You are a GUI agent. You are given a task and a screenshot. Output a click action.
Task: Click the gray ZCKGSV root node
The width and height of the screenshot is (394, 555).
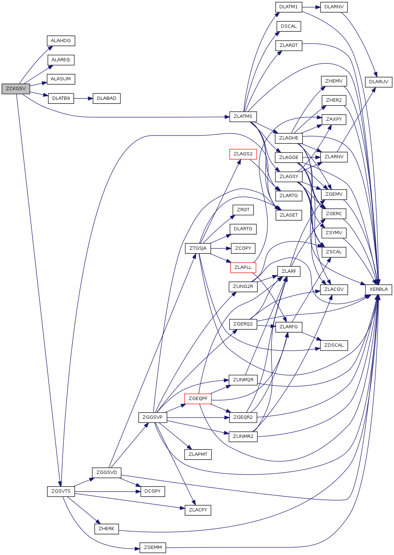click(16, 89)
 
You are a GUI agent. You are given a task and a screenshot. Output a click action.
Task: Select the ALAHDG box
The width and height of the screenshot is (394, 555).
click(61, 41)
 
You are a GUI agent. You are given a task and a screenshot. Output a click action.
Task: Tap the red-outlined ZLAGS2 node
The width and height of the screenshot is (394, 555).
click(243, 154)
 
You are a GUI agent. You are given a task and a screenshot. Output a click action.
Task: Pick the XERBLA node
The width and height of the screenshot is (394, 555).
click(378, 289)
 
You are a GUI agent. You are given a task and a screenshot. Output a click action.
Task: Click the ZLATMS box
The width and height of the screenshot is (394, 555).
click(243, 116)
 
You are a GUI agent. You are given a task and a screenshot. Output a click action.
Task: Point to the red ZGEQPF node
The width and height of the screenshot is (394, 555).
click(198, 399)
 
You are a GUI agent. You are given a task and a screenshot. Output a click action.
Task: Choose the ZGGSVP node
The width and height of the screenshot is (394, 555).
click(152, 417)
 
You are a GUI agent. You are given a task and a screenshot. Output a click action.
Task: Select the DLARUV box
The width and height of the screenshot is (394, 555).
click(378, 82)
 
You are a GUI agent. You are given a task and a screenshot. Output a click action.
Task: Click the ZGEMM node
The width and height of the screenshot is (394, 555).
click(153, 547)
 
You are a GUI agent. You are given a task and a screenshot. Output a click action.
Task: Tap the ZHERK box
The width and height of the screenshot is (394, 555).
click(106, 529)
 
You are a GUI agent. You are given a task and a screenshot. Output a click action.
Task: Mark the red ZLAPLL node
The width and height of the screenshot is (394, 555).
click(243, 267)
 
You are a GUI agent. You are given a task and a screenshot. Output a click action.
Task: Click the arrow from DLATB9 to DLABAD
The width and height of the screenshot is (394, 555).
click(83, 98)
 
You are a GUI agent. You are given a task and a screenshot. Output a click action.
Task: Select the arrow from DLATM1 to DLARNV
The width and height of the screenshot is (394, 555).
click(311, 7)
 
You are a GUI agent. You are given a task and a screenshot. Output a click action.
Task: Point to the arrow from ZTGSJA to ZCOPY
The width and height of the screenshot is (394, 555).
click(221, 248)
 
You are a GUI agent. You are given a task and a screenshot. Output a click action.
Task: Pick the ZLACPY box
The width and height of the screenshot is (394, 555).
click(198, 510)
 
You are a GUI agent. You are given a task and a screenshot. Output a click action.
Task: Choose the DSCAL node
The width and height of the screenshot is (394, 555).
click(288, 26)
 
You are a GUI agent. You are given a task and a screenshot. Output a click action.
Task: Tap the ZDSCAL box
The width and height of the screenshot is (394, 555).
click(334, 345)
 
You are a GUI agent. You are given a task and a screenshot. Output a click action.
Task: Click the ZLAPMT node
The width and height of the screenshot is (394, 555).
click(198, 454)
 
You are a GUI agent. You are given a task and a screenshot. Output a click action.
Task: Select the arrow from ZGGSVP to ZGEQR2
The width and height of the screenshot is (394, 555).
click(198, 418)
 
